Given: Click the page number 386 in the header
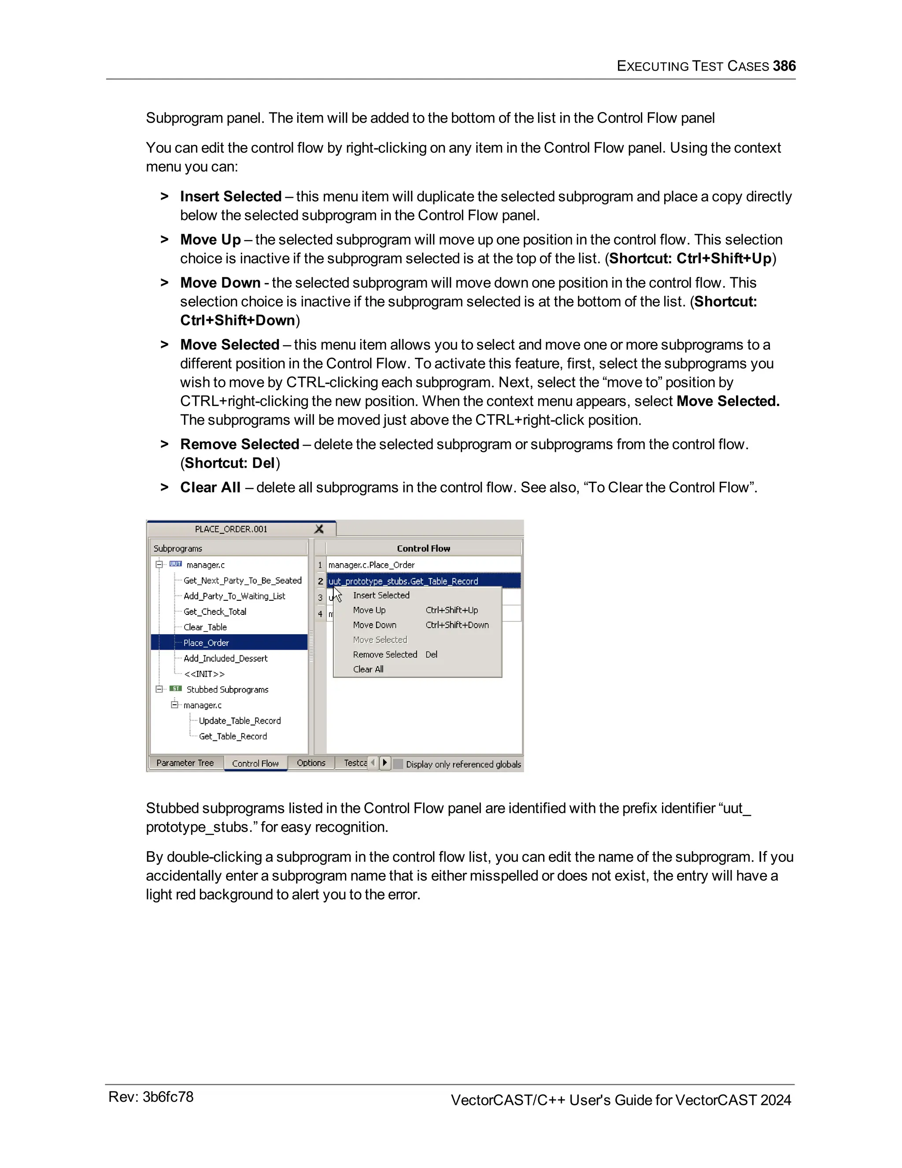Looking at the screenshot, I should tap(784, 66).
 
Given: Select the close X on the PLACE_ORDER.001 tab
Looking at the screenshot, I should tap(319, 529).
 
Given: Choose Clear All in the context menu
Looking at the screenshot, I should tap(368, 669).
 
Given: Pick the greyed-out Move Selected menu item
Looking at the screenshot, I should tap(380, 640).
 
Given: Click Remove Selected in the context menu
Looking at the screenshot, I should tap(385, 655).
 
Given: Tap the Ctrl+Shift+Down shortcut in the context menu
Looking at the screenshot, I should tap(457, 625).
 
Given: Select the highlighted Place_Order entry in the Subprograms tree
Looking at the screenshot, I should tap(206, 643).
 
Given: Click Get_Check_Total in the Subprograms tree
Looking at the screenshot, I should tap(215, 611).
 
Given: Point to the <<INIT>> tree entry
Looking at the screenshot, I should tap(204, 674).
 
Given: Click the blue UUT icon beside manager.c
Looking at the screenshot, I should tap(175, 564).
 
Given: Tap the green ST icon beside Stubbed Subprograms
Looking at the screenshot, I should tap(175, 689).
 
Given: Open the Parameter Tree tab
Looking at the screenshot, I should tap(185, 763).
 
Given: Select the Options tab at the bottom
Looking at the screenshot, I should tap(311, 763).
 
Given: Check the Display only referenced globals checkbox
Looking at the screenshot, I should tap(398, 764).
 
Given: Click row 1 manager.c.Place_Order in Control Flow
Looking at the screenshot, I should tap(371, 565).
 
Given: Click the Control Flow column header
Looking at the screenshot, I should tap(423, 548).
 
